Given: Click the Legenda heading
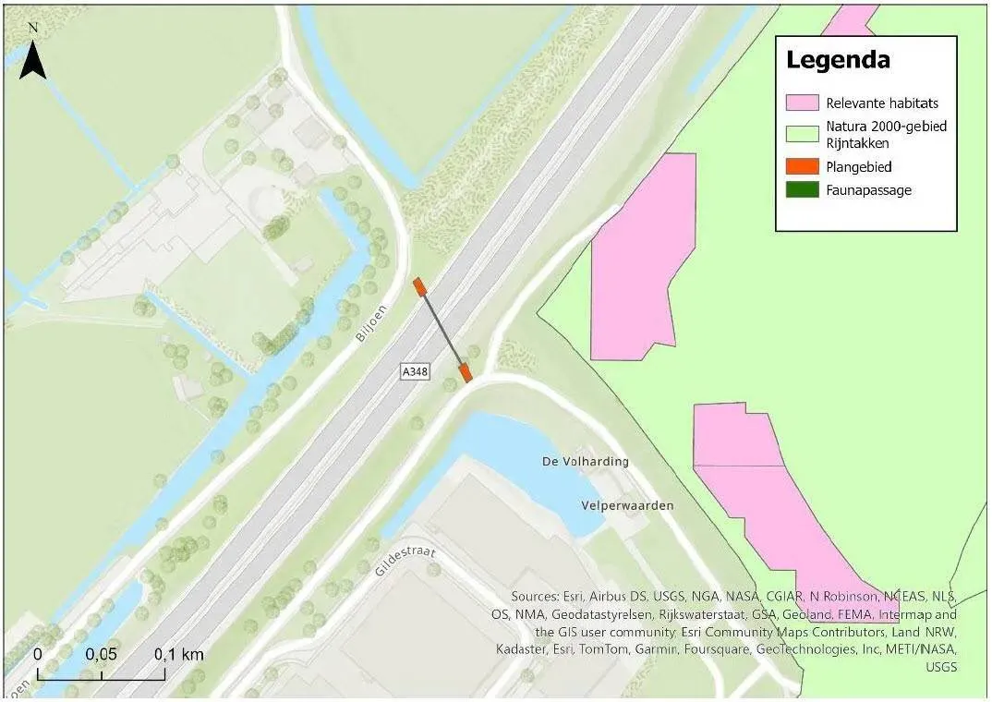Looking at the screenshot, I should point(838,61).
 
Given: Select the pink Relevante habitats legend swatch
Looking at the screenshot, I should point(802,103).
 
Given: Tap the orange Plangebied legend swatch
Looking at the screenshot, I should point(802,167).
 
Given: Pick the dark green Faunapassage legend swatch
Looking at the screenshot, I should point(802,190).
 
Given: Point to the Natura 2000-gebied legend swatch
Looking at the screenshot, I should point(802,133).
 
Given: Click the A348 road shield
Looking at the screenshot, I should point(416,371).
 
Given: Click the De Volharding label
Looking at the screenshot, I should point(586,461).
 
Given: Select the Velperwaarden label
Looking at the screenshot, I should point(628,505).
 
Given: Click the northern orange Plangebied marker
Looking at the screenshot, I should point(420,286).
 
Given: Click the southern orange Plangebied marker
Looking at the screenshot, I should point(466,373).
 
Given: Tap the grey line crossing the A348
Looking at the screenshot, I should point(443,331).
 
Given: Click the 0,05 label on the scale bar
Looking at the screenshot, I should point(102,654).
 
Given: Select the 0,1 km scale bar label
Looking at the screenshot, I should point(178,654).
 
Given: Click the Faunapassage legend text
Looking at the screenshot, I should point(869,190).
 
